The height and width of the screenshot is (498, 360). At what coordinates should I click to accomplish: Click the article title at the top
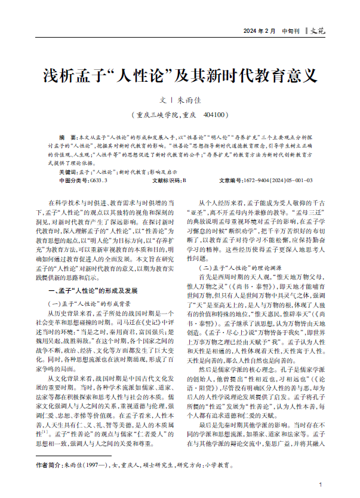172,76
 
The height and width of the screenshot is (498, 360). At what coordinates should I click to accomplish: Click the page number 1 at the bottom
321,484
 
